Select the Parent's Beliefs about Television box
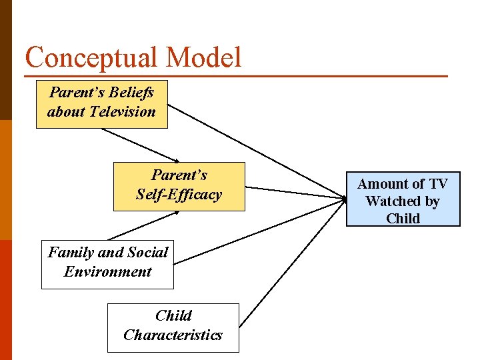pyautogui.click(x=101, y=103)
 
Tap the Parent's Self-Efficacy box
pyautogui.click(x=179, y=186)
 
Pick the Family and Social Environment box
pyautogui.click(x=107, y=264)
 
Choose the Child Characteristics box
pyautogui.click(x=173, y=327)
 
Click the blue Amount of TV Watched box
pyautogui.click(x=403, y=199)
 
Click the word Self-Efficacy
pyautogui.click(x=179, y=195)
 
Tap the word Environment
pyautogui.click(x=107, y=272)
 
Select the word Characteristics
pyautogui.click(x=173, y=335)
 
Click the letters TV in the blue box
pyautogui.click(x=438, y=184)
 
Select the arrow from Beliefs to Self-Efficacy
pyautogui.click(x=140, y=145)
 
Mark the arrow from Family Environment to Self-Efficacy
pyautogui.click(x=143, y=226)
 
